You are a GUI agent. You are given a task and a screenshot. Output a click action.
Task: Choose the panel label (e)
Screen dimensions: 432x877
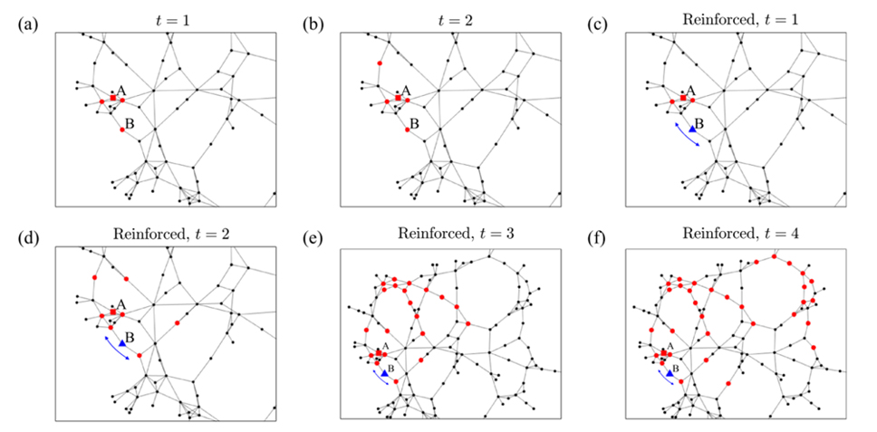coord(310,237)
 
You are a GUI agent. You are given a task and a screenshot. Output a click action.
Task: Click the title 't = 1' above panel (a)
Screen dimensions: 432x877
coord(165,15)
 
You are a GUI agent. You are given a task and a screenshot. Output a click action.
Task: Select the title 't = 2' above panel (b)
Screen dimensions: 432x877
coord(449,15)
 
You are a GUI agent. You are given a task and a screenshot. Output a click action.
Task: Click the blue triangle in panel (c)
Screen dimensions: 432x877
coord(691,130)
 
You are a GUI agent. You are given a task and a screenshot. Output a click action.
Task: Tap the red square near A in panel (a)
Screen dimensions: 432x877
coord(112,97)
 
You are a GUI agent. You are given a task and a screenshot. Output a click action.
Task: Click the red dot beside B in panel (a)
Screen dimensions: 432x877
coord(122,130)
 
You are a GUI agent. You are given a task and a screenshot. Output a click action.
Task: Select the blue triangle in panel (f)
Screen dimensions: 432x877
coord(670,373)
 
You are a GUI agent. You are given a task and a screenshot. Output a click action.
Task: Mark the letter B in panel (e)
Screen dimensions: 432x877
coord(390,368)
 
